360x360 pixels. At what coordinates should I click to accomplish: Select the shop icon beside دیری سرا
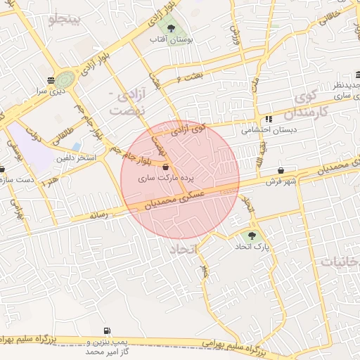tap(50, 79)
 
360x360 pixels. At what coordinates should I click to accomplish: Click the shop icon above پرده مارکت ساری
tap(165, 167)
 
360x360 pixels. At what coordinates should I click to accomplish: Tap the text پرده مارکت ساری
tap(165, 179)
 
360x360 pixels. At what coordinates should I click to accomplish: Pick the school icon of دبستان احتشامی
tap(269, 120)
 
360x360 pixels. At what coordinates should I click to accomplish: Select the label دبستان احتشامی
tap(269, 131)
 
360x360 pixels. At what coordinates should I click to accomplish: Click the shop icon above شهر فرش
tap(281, 170)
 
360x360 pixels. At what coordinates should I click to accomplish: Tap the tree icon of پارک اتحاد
tap(252, 236)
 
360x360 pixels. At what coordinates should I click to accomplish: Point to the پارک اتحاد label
tap(252, 248)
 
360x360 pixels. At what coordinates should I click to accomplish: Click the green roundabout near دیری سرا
tap(65, 78)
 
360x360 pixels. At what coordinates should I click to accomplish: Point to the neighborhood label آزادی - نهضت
tap(129, 103)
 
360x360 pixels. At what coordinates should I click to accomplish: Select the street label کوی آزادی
tap(209, 129)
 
